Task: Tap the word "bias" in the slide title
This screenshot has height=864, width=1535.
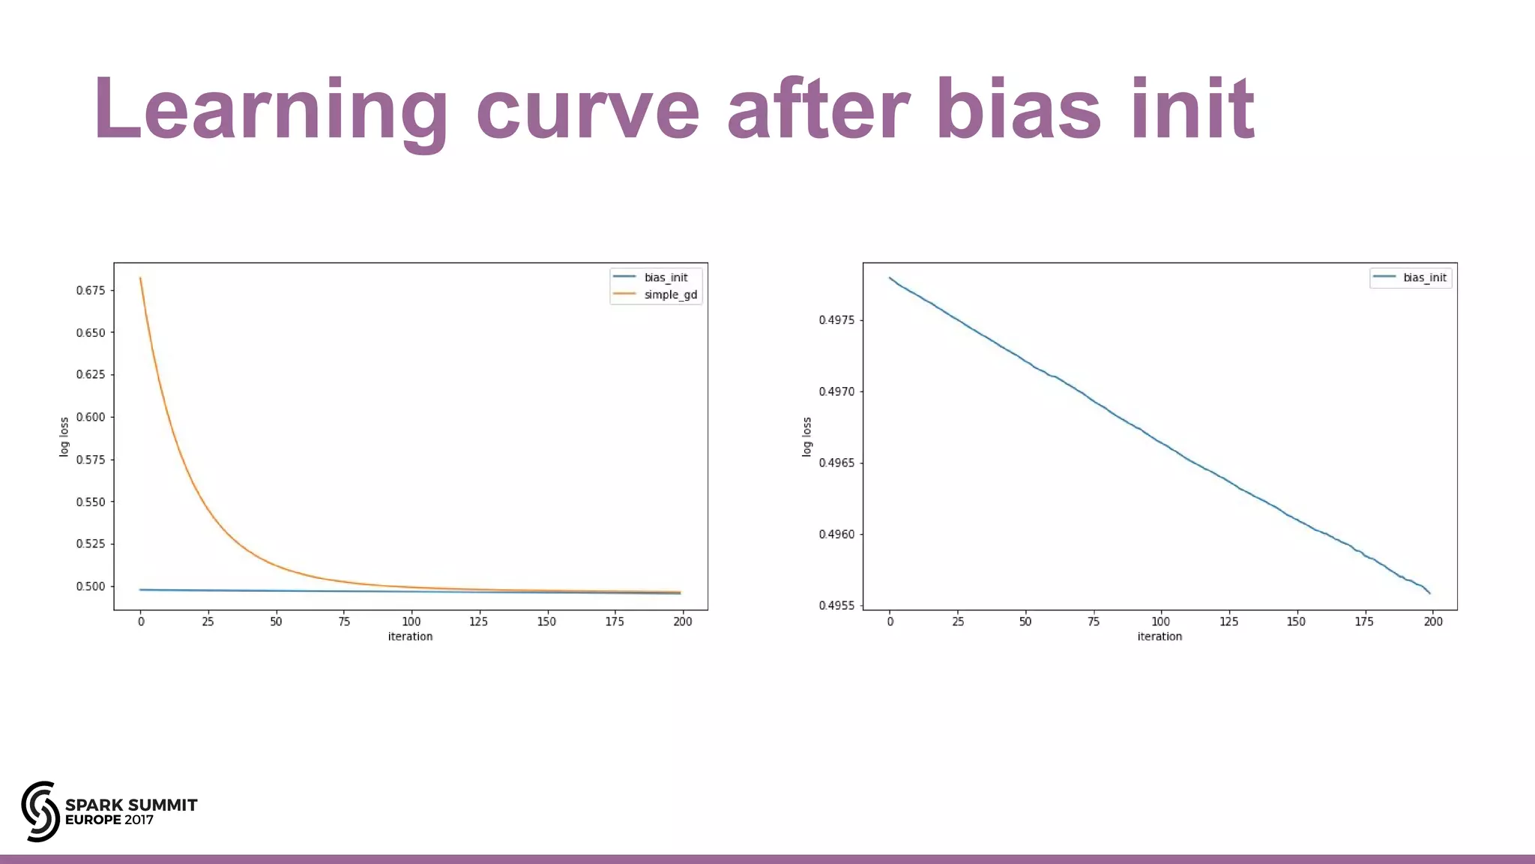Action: pyautogui.click(x=1019, y=109)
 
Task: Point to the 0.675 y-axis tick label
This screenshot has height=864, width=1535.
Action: pyautogui.click(x=91, y=290)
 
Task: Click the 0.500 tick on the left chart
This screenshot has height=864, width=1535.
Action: pyautogui.click(x=91, y=586)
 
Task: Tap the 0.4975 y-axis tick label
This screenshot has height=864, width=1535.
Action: pyautogui.click(x=836, y=320)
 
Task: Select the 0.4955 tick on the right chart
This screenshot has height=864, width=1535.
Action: pyautogui.click(x=836, y=606)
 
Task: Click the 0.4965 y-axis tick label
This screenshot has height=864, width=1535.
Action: pyautogui.click(x=836, y=463)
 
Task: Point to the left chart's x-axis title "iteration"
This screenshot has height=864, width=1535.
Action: pyautogui.click(x=410, y=637)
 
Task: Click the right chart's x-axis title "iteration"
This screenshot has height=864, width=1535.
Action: pyautogui.click(x=1159, y=637)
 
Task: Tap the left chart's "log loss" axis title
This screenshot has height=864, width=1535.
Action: pyautogui.click(x=64, y=436)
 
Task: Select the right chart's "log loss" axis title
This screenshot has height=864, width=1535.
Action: pyautogui.click(x=807, y=436)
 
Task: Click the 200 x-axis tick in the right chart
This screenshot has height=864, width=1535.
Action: pyautogui.click(x=1432, y=622)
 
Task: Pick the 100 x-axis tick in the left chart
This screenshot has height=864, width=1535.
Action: pyautogui.click(x=411, y=622)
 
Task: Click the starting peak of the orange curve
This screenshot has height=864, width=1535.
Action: pyautogui.click(x=140, y=278)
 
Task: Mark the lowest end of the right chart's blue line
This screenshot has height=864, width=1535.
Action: pyautogui.click(x=1429, y=593)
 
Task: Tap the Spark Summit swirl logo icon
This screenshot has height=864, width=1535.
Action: pyautogui.click(x=40, y=811)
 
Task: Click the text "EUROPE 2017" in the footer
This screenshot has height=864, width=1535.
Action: pyautogui.click(x=109, y=820)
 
